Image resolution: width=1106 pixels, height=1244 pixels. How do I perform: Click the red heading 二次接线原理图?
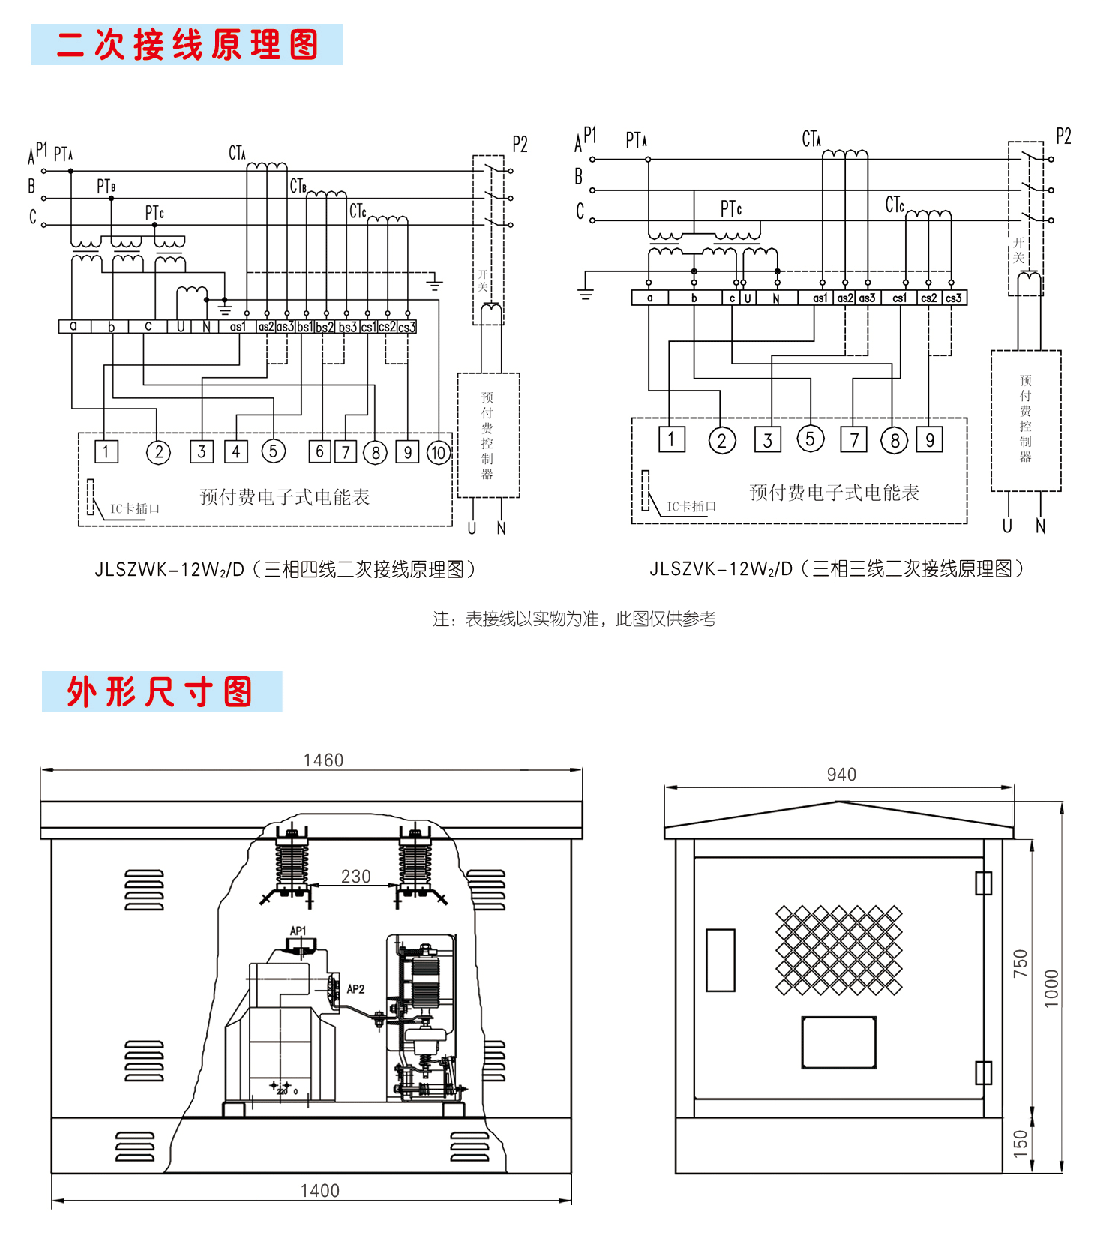(x=187, y=45)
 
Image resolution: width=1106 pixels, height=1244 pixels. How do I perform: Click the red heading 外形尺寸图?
(x=160, y=691)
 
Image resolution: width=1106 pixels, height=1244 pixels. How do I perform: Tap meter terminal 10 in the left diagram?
(x=438, y=452)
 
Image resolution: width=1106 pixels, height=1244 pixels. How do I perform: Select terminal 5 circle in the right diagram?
(x=810, y=439)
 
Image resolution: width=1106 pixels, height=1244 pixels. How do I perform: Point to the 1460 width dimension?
(x=323, y=760)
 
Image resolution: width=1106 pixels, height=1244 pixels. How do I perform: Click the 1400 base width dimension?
(x=319, y=1191)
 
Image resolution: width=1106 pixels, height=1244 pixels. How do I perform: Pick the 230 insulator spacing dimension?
(x=355, y=877)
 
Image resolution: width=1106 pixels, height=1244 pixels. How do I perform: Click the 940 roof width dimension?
(x=841, y=775)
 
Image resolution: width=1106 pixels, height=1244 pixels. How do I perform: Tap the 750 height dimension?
(x=1021, y=964)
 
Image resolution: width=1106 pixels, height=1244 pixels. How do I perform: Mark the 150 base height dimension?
(x=1021, y=1144)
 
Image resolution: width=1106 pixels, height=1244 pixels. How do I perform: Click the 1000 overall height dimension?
(x=1051, y=988)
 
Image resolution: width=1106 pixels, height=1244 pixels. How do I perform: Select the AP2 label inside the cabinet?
(x=355, y=989)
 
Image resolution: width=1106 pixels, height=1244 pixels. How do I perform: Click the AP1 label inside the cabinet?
(x=298, y=931)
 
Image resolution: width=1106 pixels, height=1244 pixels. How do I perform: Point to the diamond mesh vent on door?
(x=838, y=949)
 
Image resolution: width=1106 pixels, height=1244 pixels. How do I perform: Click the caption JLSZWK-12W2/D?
(x=285, y=570)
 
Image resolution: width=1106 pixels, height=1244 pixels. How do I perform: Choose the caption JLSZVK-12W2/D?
(x=836, y=569)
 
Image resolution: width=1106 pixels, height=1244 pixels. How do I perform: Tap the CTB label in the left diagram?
(x=298, y=186)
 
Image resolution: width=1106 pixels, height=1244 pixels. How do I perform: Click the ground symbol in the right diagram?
(x=586, y=292)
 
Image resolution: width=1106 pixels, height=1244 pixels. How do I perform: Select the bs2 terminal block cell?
(x=325, y=327)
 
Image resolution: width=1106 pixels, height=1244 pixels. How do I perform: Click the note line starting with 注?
(x=574, y=619)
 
